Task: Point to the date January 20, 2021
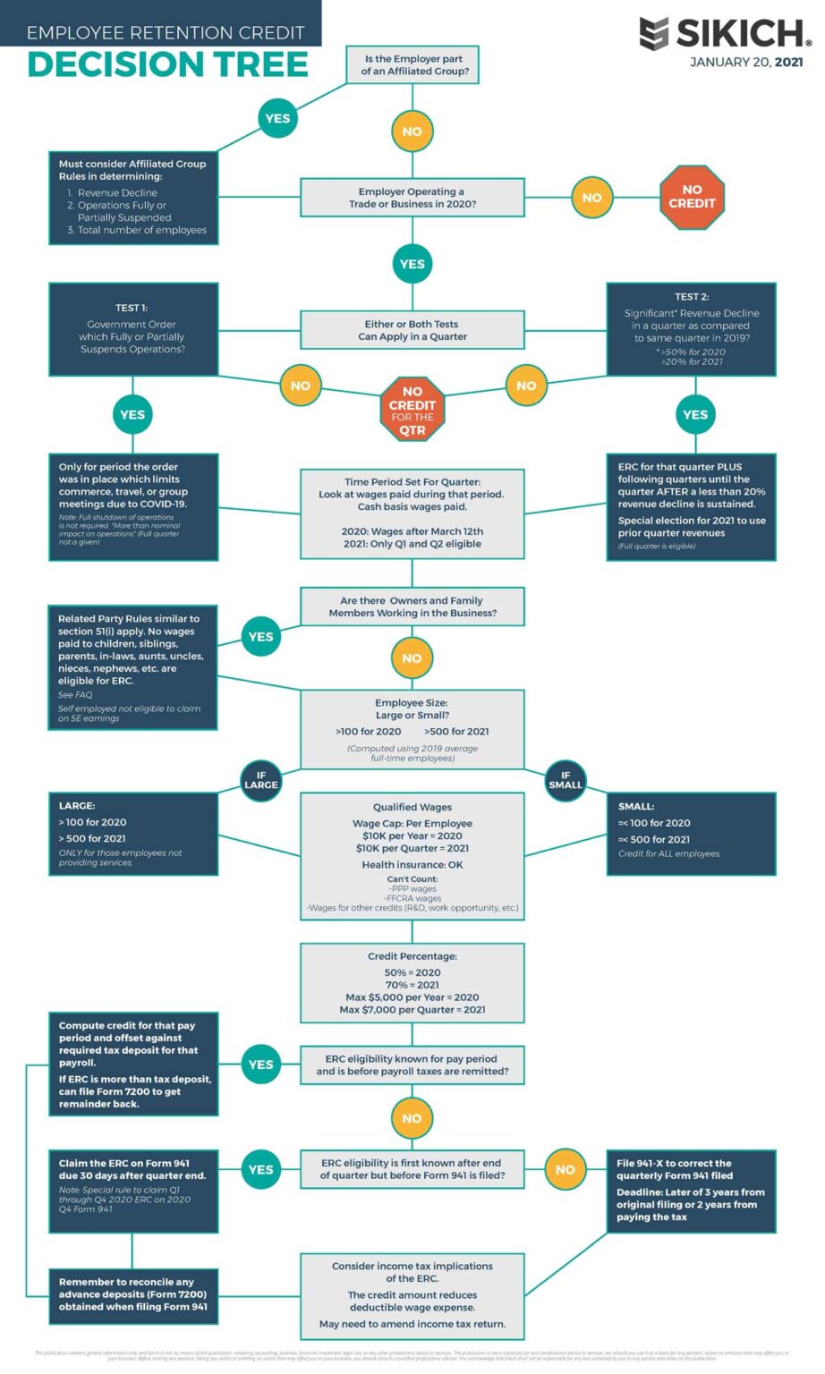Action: (745, 63)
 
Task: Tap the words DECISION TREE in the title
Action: (167, 64)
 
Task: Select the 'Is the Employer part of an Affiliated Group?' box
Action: (412, 65)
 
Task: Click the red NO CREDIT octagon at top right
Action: (692, 197)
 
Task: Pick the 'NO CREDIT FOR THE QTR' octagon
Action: (412, 409)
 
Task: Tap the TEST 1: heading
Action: (132, 308)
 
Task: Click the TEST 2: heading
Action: (692, 296)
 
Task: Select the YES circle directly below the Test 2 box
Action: (695, 414)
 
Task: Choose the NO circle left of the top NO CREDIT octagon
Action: (591, 198)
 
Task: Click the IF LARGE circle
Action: (261, 780)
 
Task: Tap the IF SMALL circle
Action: (566, 780)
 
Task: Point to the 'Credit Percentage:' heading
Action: (412, 955)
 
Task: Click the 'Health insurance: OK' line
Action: (412, 865)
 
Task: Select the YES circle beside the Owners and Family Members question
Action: (261, 637)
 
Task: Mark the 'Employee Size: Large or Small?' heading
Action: (412, 709)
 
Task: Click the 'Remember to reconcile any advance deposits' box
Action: (133, 1294)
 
